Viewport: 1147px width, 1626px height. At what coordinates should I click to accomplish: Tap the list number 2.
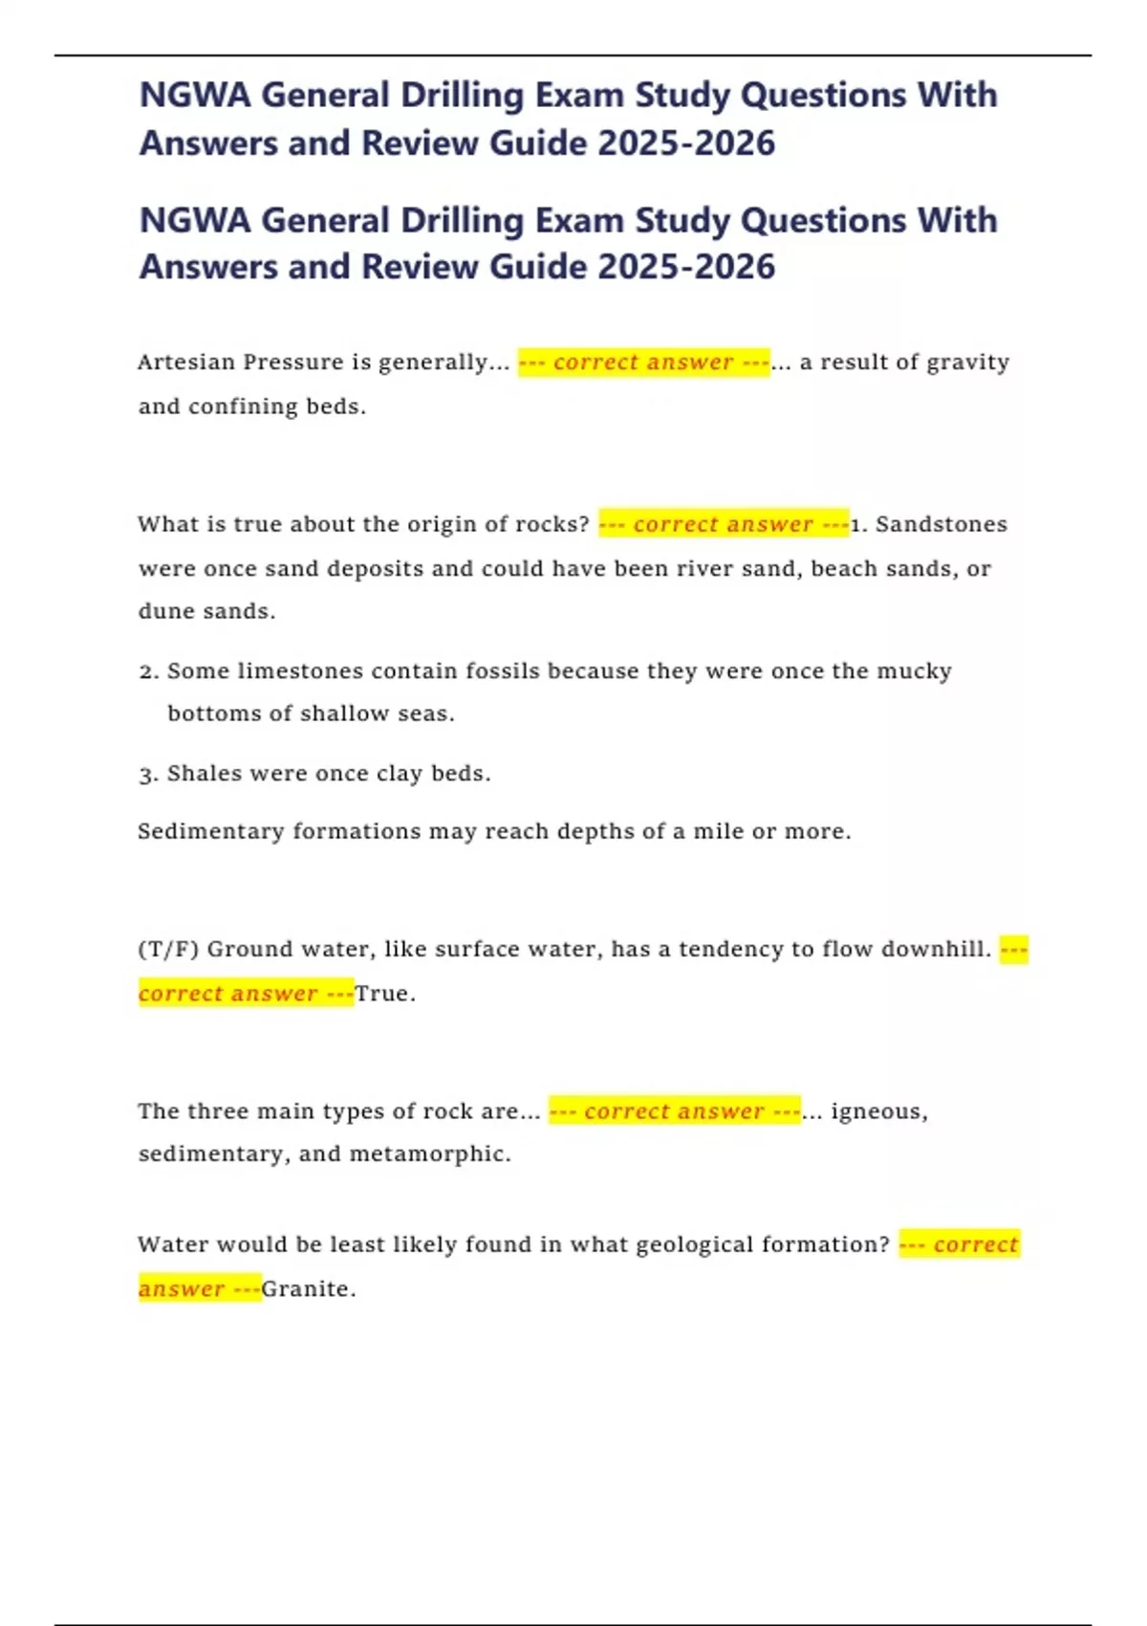pos(147,672)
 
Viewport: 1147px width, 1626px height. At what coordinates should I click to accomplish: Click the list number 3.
pos(147,775)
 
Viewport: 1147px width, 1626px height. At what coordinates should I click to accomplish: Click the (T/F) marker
pos(168,950)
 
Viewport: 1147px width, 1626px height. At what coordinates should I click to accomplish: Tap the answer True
pos(383,994)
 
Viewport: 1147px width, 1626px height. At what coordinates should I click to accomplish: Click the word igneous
pos(876,1111)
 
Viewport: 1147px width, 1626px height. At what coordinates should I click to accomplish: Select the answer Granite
pos(306,1289)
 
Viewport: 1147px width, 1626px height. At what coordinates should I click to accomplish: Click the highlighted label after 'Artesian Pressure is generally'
pos(643,363)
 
